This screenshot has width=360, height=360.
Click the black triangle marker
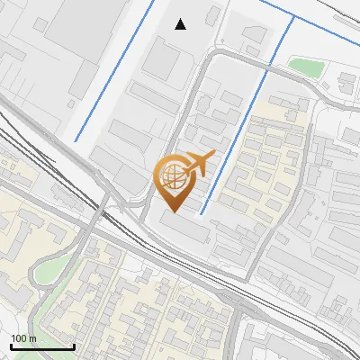coord(181,24)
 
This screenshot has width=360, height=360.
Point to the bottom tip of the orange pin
coord(173,211)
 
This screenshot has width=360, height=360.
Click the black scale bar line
coord(41,347)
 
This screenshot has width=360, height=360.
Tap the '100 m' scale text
coord(23,338)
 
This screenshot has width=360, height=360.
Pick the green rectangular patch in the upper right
coord(305,67)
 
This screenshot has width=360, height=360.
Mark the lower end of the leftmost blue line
coord(76,140)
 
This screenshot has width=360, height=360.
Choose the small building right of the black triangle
coord(212,16)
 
